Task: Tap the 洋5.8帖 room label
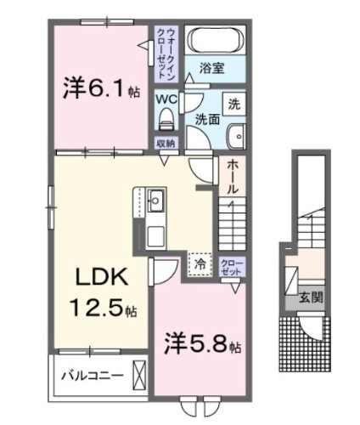[200, 346]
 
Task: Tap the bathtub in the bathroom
[214, 40]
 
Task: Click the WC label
[165, 97]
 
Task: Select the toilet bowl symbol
[166, 117]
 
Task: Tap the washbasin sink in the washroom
[237, 135]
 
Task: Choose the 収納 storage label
[165, 143]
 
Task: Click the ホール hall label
[232, 175]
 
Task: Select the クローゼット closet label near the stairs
[231, 267]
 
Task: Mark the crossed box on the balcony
[138, 373]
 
